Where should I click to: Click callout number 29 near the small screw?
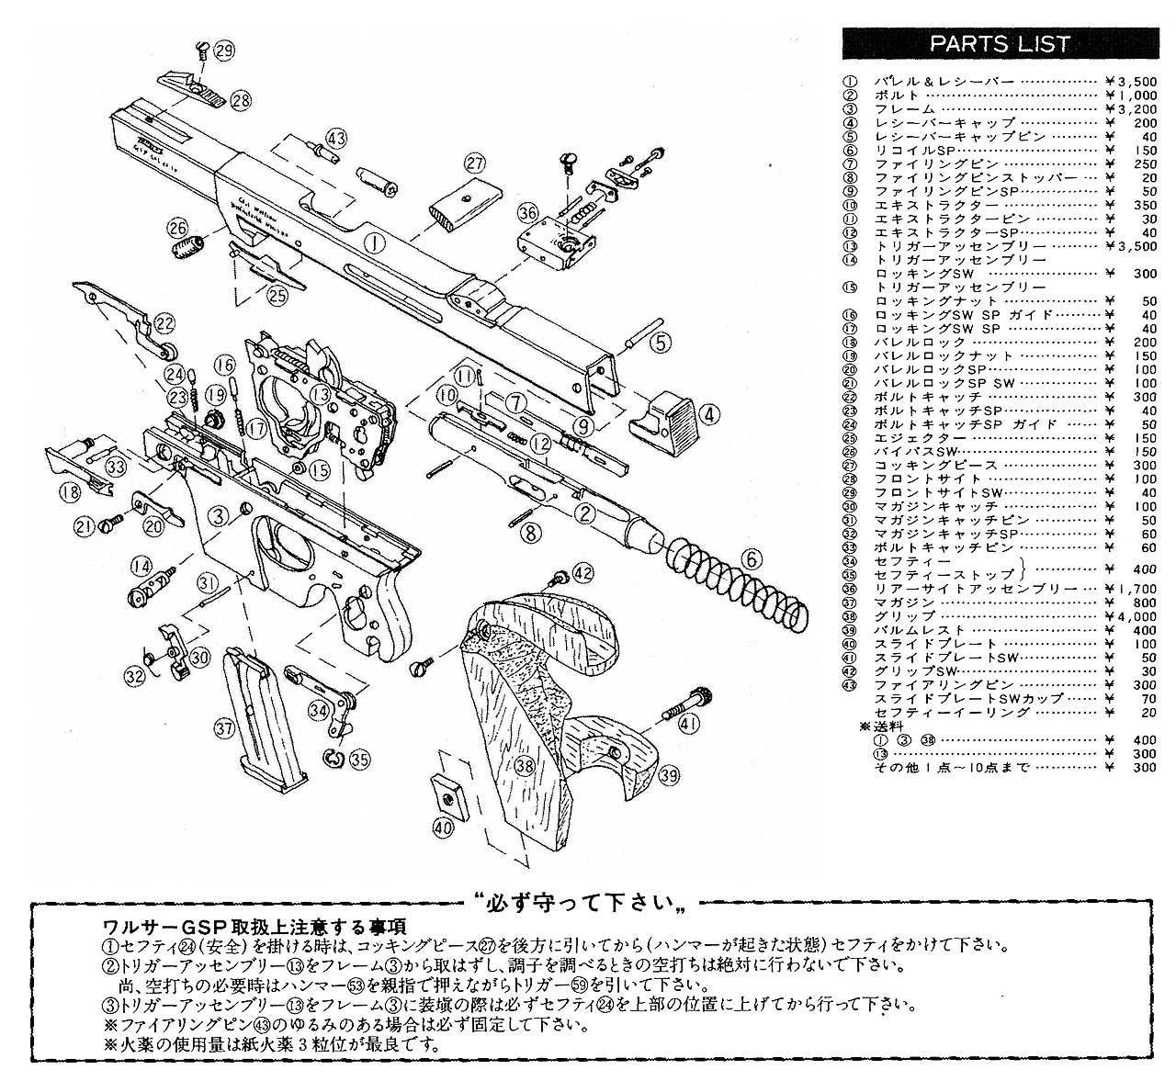223,51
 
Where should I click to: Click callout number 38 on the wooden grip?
525,764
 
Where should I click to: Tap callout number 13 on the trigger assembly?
320,394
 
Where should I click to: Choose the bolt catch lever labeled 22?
129,312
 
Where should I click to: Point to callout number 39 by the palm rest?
669,776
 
